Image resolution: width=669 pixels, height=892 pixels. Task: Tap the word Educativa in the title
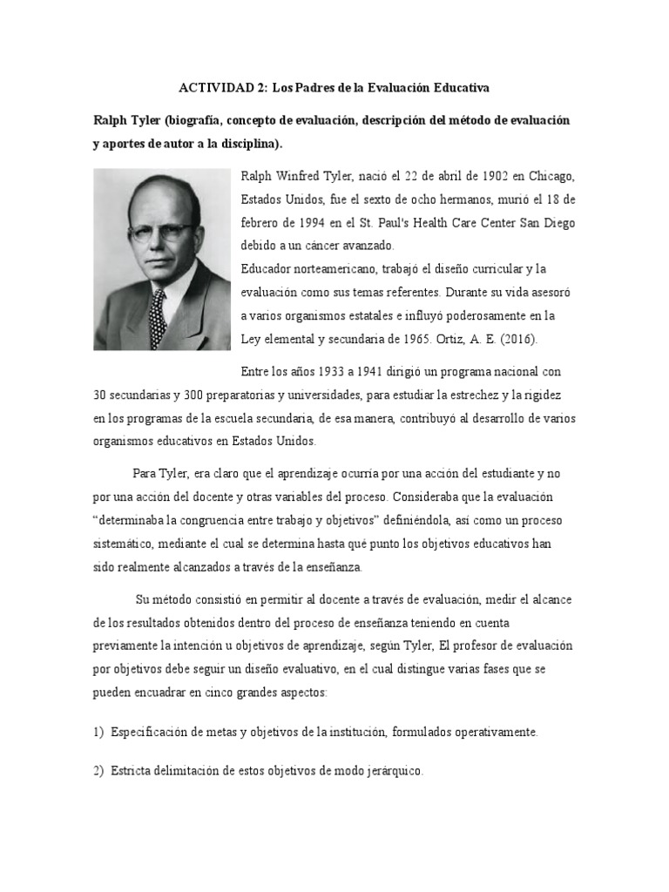(x=456, y=88)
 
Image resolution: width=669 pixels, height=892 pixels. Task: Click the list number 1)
(x=98, y=733)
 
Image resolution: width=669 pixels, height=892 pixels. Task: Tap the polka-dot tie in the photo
(x=157, y=317)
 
